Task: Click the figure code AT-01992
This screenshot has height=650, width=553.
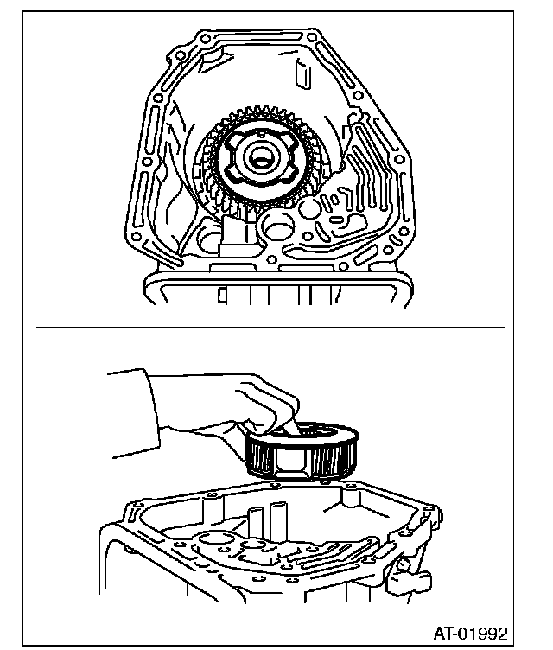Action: pyautogui.click(x=470, y=633)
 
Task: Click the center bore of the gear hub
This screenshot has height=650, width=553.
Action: pyautogui.click(x=260, y=158)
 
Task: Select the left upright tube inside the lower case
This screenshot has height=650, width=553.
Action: pyautogui.click(x=256, y=527)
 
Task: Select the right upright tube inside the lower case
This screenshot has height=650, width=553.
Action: pyautogui.click(x=279, y=522)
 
